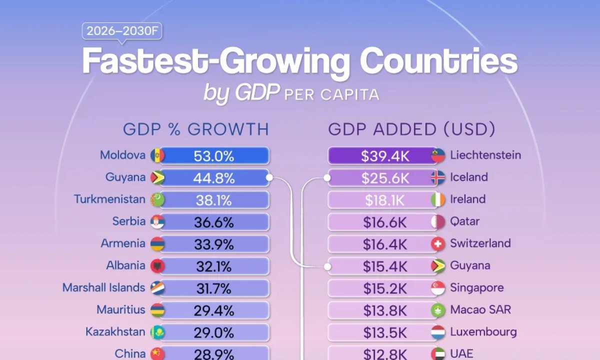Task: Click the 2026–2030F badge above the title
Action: pyautogui.click(x=122, y=31)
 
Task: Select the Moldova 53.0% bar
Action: pyautogui.click(x=214, y=155)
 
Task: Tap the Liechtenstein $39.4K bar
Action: pyautogui.click(x=384, y=155)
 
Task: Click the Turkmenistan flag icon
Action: pyautogui.click(x=157, y=199)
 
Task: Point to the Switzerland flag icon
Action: pyautogui.click(x=438, y=243)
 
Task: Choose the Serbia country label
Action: pyautogui.click(x=129, y=221)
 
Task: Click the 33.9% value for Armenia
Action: pyautogui.click(x=214, y=244)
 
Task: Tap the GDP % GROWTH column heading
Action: pyautogui.click(x=196, y=129)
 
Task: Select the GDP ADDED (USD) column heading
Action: pyautogui.click(x=411, y=129)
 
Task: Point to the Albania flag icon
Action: pyautogui.click(x=157, y=265)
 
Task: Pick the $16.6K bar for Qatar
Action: pyautogui.click(x=384, y=221)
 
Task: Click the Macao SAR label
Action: pyautogui.click(x=480, y=309)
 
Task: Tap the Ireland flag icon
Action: pyautogui.click(x=438, y=199)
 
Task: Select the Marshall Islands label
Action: pyautogui.click(x=103, y=287)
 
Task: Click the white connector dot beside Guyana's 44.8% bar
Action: pyautogui.click(x=269, y=177)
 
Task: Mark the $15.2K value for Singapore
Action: pyautogui.click(x=384, y=288)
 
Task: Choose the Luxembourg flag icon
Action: pyautogui.click(x=438, y=331)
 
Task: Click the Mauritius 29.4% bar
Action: pyautogui.click(x=214, y=310)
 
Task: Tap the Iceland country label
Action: pyautogui.click(x=468, y=177)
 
